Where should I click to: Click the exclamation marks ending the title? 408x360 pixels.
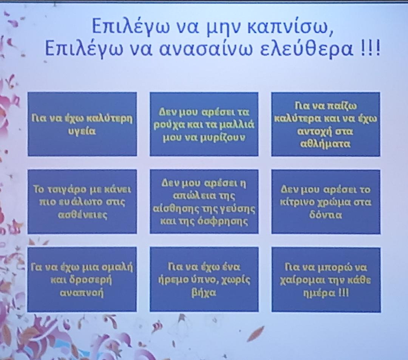371,49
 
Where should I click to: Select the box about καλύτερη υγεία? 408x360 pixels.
82,124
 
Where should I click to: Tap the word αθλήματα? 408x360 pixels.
326,144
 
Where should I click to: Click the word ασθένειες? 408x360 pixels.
82,215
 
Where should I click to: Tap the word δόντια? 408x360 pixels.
326,215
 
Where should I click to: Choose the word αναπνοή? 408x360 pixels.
82,293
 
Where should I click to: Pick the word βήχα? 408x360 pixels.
204,293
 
